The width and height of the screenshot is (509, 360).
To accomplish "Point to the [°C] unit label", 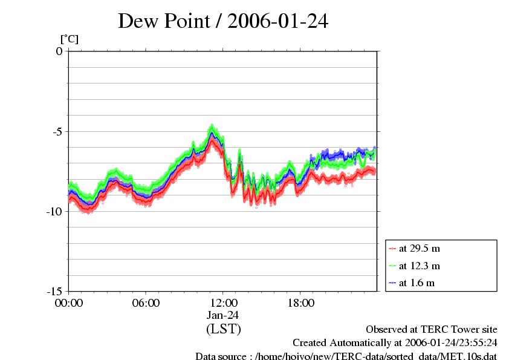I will pos(69,39).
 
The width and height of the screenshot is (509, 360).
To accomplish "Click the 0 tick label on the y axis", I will pos(59,51).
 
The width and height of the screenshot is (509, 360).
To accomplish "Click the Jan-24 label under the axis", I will pos(223,315).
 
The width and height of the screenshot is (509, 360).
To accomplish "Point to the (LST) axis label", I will pos(223,329).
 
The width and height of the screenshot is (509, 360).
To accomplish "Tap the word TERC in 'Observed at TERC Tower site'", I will pos(427,330).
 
